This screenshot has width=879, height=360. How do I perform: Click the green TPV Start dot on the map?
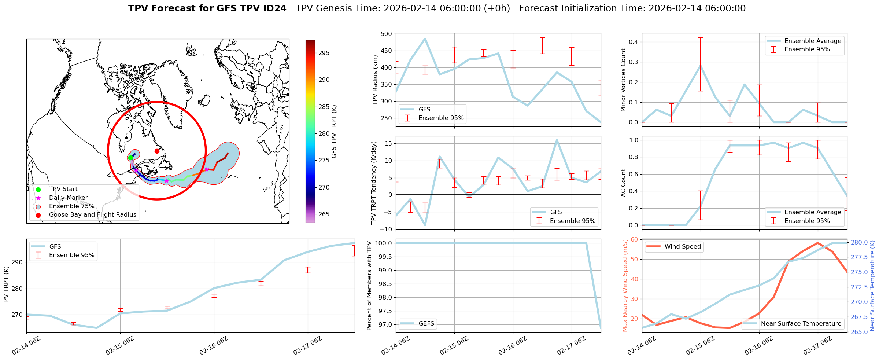(130, 158)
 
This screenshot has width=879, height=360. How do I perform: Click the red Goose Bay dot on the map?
(157, 151)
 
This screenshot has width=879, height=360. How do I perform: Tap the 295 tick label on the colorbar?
(324, 53)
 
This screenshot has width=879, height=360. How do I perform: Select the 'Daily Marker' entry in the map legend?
(68, 198)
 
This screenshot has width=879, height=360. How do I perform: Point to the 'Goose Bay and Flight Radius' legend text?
(92, 215)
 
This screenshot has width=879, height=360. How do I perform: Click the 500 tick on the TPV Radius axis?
(387, 34)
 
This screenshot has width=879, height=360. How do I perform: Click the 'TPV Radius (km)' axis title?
(375, 80)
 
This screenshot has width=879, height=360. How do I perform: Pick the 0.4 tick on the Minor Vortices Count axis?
(633, 42)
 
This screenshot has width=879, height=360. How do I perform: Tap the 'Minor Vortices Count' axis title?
(623, 80)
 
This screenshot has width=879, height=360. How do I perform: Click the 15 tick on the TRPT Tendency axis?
(388, 144)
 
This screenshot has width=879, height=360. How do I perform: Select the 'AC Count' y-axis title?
(623, 183)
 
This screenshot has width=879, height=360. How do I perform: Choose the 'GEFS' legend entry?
(426, 324)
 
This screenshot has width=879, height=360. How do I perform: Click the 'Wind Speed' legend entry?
(682, 247)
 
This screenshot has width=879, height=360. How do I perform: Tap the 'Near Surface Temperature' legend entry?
(801, 324)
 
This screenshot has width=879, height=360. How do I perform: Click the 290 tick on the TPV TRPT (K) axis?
(17, 262)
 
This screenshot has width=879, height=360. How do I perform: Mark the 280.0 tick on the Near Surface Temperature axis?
(859, 243)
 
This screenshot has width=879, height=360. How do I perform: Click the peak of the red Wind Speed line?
(817, 243)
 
